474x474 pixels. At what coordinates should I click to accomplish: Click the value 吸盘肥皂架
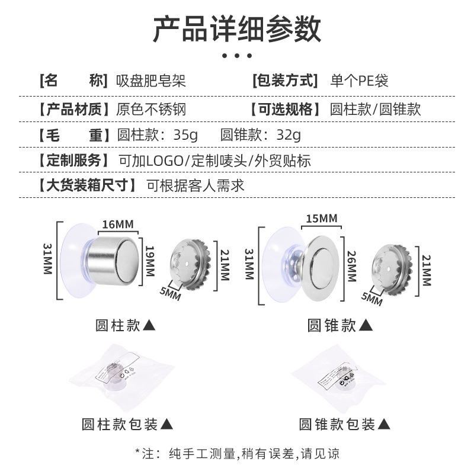click(x=150, y=81)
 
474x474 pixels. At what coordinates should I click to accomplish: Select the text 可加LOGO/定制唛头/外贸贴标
click(x=214, y=161)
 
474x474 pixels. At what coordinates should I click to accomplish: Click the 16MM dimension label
click(x=117, y=224)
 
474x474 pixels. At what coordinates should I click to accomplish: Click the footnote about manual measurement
click(x=237, y=454)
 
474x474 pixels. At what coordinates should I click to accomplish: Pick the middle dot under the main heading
click(x=237, y=56)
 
